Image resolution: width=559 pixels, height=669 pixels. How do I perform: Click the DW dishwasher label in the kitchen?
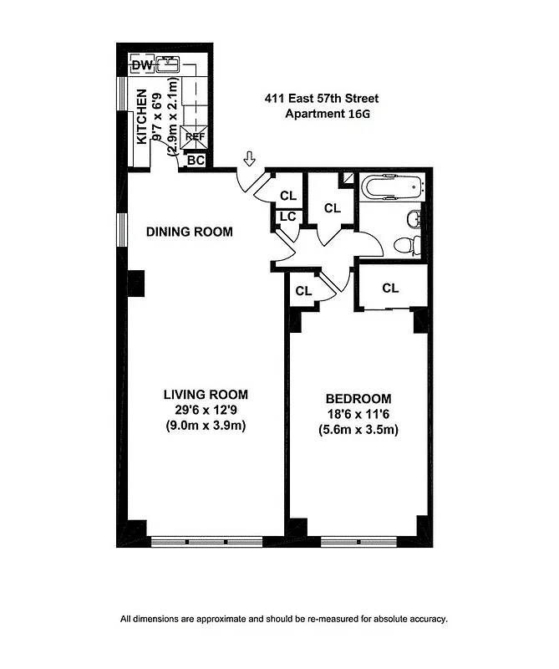coord(140,64)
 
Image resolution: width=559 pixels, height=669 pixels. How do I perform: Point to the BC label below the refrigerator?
coord(195,159)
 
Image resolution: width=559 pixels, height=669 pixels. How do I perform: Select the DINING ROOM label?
coord(190,232)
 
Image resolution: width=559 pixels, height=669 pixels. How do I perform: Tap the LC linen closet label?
coord(287,217)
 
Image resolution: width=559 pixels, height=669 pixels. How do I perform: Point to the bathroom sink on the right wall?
coord(413,219)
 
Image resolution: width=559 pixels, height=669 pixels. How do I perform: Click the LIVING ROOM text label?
coord(206,395)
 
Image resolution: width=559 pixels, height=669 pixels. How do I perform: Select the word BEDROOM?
coord(358,399)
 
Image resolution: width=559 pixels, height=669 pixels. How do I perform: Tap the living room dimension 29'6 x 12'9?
coord(206,411)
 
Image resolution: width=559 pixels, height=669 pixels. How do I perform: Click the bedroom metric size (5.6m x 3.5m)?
coord(358,431)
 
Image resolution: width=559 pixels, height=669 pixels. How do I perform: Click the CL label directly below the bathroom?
coord(390,288)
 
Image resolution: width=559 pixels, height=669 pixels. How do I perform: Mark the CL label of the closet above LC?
coord(288,196)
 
